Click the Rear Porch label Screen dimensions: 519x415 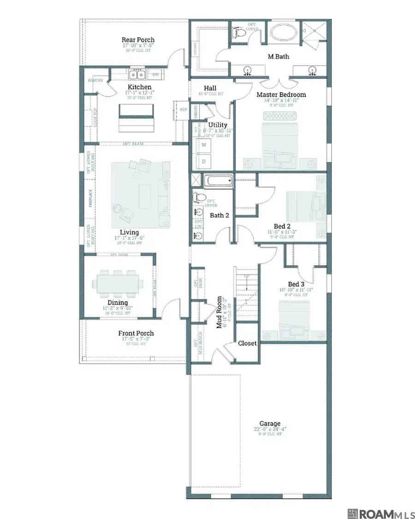[138, 40]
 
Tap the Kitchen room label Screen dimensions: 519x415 [139, 87]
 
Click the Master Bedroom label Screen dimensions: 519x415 [281, 95]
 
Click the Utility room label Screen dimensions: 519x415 [217, 125]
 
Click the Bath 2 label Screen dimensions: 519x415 [219, 215]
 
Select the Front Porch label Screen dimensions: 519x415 [136, 333]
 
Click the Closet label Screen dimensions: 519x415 [247, 343]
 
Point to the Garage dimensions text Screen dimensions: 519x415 [270, 430]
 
